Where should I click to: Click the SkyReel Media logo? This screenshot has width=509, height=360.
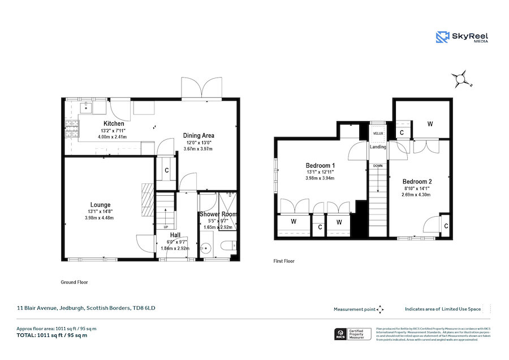(x=462, y=37)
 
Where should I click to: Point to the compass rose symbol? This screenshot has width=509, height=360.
(x=461, y=79)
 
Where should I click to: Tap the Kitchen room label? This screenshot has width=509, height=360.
(x=113, y=123)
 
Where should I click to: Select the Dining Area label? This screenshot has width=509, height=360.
(x=198, y=135)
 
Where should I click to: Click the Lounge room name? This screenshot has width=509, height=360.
(x=100, y=205)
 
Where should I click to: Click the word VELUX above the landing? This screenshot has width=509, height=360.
(x=378, y=134)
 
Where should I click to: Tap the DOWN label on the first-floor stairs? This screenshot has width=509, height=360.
(x=377, y=166)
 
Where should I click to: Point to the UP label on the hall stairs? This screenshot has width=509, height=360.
(x=166, y=227)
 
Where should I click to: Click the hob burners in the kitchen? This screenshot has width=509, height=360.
(x=72, y=129)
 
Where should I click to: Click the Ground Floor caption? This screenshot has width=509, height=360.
(x=74, y=282)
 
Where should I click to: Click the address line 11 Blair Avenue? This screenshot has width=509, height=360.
(x=85, y=308)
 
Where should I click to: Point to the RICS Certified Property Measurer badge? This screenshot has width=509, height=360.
(x=353, y=334)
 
